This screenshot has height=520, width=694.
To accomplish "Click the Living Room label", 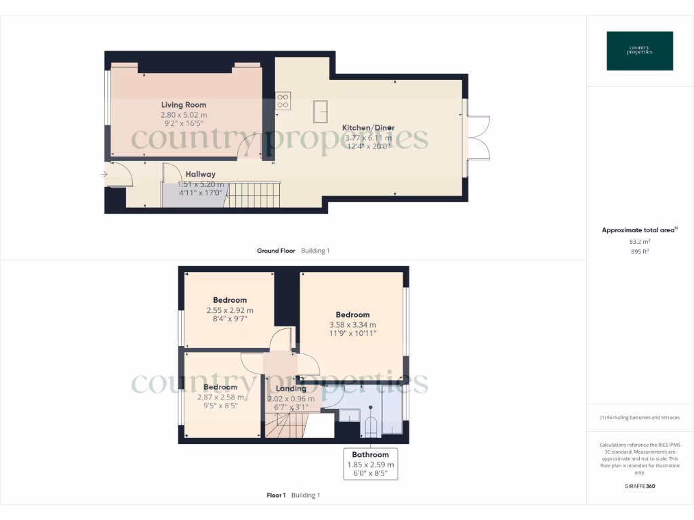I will coord(184,105).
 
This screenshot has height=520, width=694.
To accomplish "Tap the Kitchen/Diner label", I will coord(368,128).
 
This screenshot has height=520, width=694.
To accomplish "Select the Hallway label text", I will coord(201,175).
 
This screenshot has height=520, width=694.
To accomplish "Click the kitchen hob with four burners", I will coord(283,101).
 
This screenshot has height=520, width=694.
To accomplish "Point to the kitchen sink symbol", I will coord(320,110).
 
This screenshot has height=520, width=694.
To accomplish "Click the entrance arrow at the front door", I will coord(104,175).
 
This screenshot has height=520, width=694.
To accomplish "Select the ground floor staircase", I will coord(253,196).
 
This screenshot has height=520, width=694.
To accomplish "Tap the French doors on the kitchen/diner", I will coord(479,138).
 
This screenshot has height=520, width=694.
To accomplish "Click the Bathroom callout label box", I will coord(370,464).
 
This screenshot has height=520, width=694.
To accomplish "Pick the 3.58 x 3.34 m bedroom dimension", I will coord(352,324).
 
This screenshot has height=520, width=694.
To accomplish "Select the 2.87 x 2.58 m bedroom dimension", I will coord(220,397).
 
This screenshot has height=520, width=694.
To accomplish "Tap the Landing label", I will coord(291,389).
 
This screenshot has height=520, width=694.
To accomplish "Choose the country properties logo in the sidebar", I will coord(640,51).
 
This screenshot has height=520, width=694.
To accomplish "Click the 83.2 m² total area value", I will coord(639,241).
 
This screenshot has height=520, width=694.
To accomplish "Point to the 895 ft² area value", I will coord(639,251).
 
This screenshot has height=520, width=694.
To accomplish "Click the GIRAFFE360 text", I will coord(639,486).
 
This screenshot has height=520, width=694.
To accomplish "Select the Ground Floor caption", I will coord(276,251).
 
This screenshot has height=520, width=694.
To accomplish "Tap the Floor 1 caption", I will coord(276,495).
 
